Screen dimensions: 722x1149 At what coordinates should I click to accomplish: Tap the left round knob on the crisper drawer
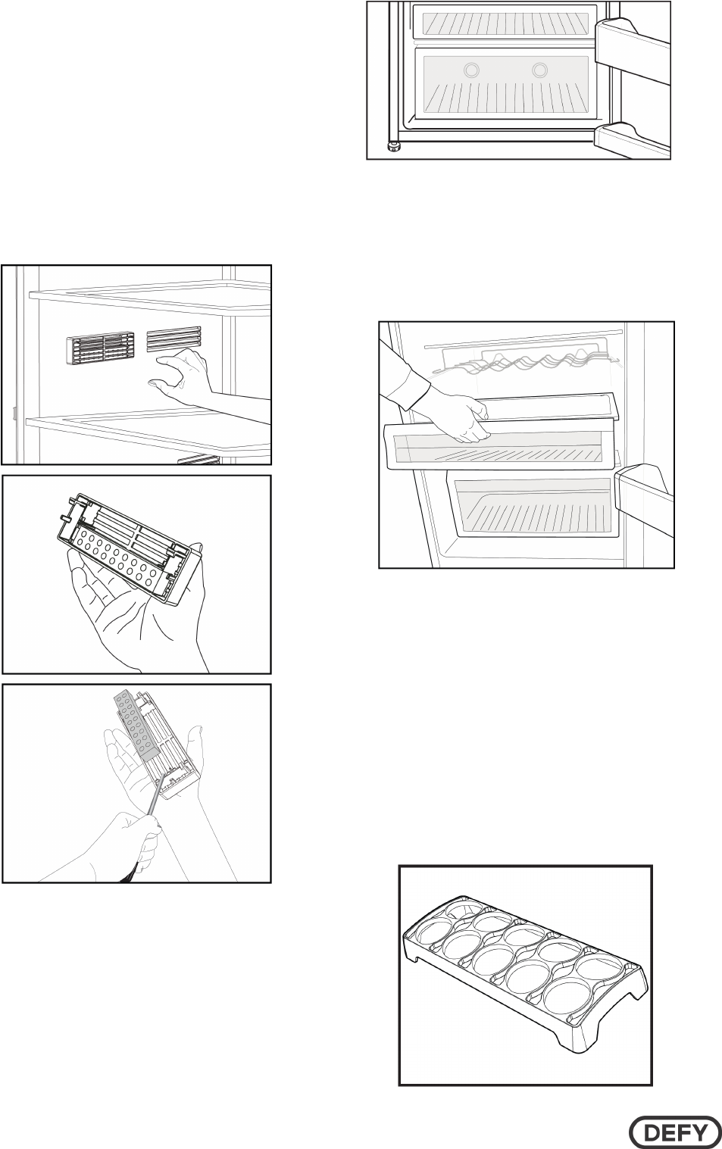coord(471,70)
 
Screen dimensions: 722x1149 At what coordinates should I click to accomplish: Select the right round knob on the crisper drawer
coord(539,70)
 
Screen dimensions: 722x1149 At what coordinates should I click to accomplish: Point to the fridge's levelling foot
coord(393,147)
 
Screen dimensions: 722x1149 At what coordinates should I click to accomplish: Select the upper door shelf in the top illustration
coord(629,45)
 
